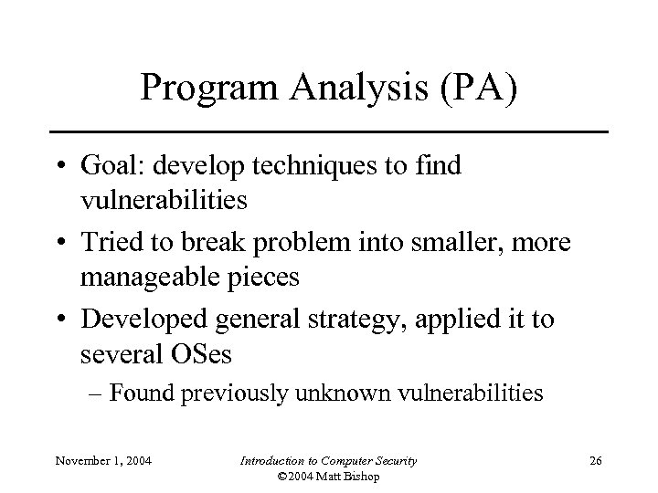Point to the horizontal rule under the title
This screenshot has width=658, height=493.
click(x=328, y=132)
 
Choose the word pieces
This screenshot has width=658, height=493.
click(x=265, y=277)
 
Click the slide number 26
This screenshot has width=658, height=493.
click(x=597, y=461)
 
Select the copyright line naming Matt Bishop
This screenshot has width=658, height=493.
click(x=328, y=477)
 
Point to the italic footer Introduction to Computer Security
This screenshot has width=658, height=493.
click(x=328, y=461)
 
